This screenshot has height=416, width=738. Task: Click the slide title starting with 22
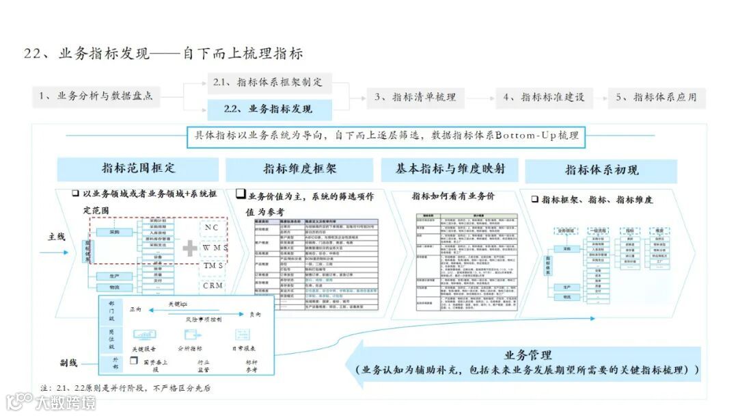(x=163, y=53)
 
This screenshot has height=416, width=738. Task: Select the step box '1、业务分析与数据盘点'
(x=95, y=96)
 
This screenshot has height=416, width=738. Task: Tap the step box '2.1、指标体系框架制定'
(x=268, y=82)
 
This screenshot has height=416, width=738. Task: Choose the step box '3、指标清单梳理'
(x=414, y=97)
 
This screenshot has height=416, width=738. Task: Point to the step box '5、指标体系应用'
(x=655, y=97)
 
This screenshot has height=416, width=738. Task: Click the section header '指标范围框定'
(x=138, y=168)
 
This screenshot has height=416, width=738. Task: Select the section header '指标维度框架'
(x=300, y=169)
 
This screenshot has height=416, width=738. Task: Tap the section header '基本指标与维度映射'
(x=452, y=168)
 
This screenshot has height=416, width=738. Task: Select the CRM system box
(x=213, y=285)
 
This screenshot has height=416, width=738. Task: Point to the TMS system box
(x=213, y=265)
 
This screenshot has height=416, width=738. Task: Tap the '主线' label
(x=56, y=237)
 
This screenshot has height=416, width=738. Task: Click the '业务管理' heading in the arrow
(x=528, y=355)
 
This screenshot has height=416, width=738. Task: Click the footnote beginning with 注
(x=126, y=389)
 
